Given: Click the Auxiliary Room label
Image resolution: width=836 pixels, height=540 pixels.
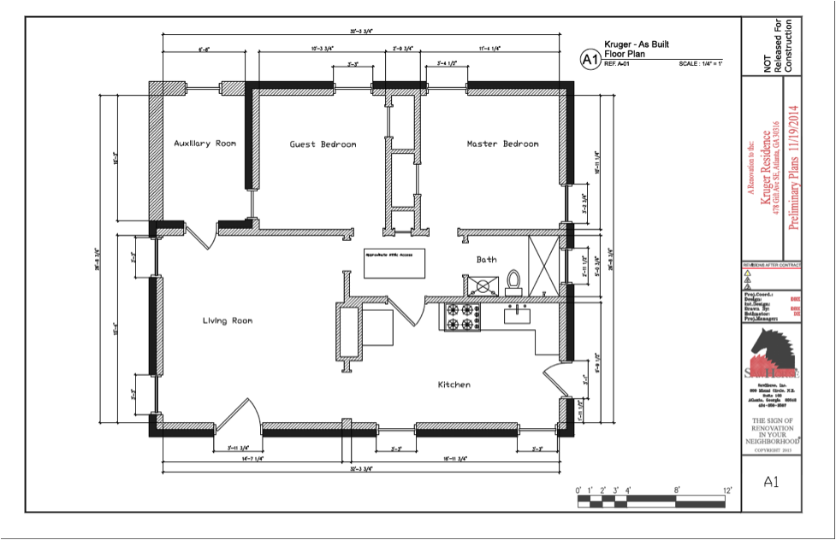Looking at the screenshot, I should point(205,144).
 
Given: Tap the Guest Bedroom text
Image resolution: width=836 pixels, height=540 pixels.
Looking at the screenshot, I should point(323,144).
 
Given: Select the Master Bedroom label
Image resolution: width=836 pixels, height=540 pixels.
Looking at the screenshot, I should point(502,144).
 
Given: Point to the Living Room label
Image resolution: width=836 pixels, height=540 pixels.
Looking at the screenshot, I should point(227,320).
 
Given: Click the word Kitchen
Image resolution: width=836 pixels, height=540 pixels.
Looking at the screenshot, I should point(454,384).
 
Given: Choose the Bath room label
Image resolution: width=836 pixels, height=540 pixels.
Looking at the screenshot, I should point(486,259).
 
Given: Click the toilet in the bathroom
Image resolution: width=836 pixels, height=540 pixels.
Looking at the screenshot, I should point(513,282).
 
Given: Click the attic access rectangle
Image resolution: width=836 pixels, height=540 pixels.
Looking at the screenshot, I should point(394,264).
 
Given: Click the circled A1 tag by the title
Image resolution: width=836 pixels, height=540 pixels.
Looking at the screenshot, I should point(589,59).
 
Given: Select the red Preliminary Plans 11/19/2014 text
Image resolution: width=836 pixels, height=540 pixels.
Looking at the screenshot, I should point(793,179).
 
